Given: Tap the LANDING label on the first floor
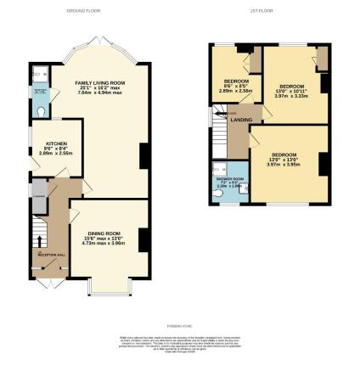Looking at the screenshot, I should pos(241,120).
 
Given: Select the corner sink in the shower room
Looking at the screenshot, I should pos(217,168).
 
